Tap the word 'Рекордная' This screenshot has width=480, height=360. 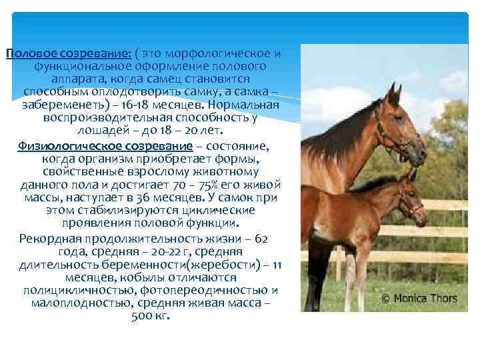tap(51, 239)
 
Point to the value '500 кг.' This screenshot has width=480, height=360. tap(152, 315)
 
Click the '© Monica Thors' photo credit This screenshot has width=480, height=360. tap(419, 299)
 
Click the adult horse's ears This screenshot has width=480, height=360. tap(393, 93)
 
